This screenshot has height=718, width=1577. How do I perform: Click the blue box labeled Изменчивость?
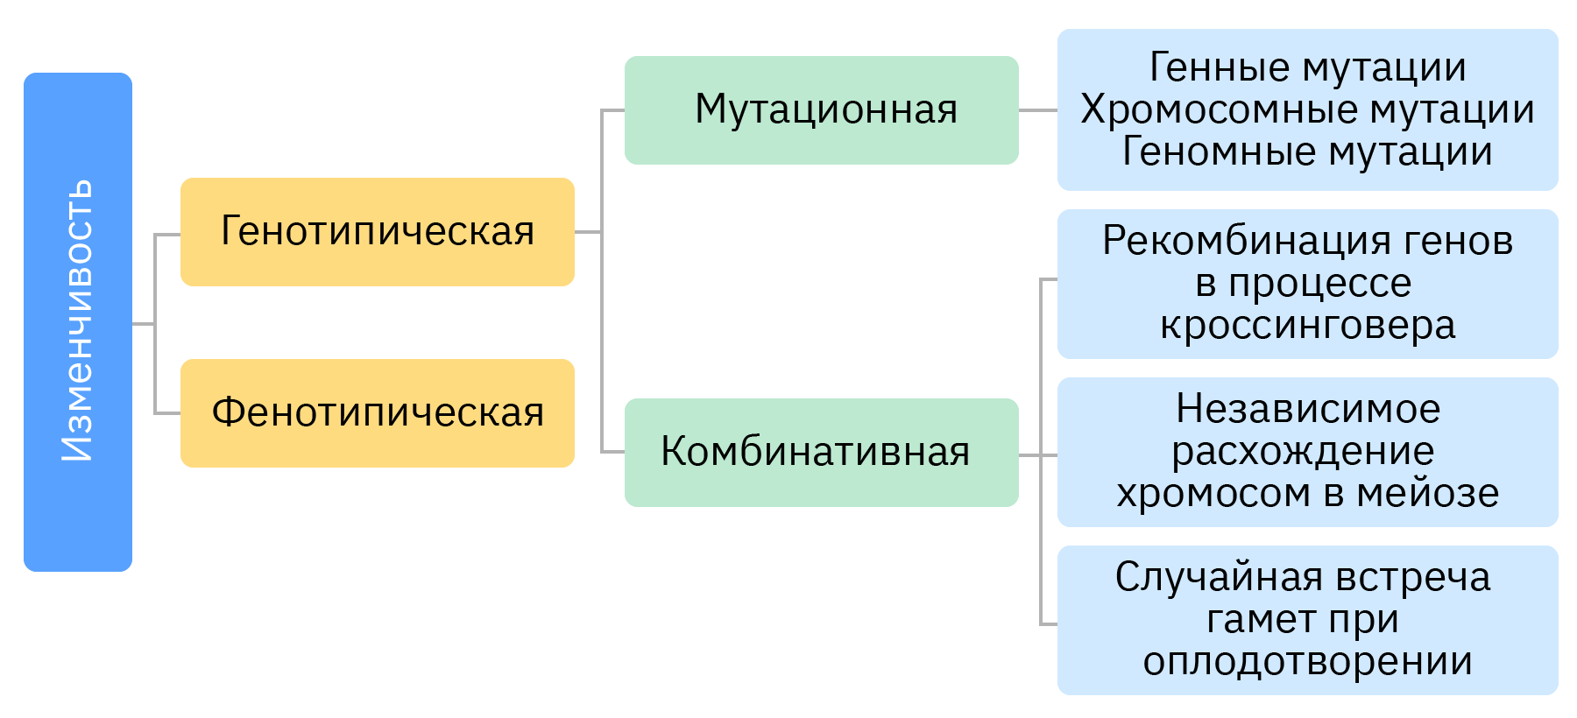(78, 321)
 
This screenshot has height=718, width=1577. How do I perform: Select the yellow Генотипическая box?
(378, 232)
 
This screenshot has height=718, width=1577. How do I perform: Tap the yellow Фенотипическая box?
(378, 412)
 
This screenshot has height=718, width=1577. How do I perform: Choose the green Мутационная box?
(821, 110)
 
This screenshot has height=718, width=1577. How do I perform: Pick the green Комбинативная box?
(821, 453)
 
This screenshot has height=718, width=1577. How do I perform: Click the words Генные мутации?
(1307, 67)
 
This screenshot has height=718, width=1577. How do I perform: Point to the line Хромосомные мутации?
(1307, 109)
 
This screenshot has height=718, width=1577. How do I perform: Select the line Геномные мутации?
(1307, 151)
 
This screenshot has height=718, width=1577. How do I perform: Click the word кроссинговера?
(1307, 326)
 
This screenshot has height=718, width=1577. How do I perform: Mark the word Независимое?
(1307, 409)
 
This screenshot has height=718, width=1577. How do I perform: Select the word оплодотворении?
(1307, 662)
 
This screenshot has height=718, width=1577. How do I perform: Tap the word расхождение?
(1303, 452)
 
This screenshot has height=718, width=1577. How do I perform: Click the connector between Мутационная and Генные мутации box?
(1038, 111)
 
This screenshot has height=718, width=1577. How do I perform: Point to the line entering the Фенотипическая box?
(167, 413)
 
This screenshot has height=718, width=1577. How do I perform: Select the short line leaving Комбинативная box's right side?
(1029, 455)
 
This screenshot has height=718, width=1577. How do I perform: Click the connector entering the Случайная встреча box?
(1049, 624)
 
